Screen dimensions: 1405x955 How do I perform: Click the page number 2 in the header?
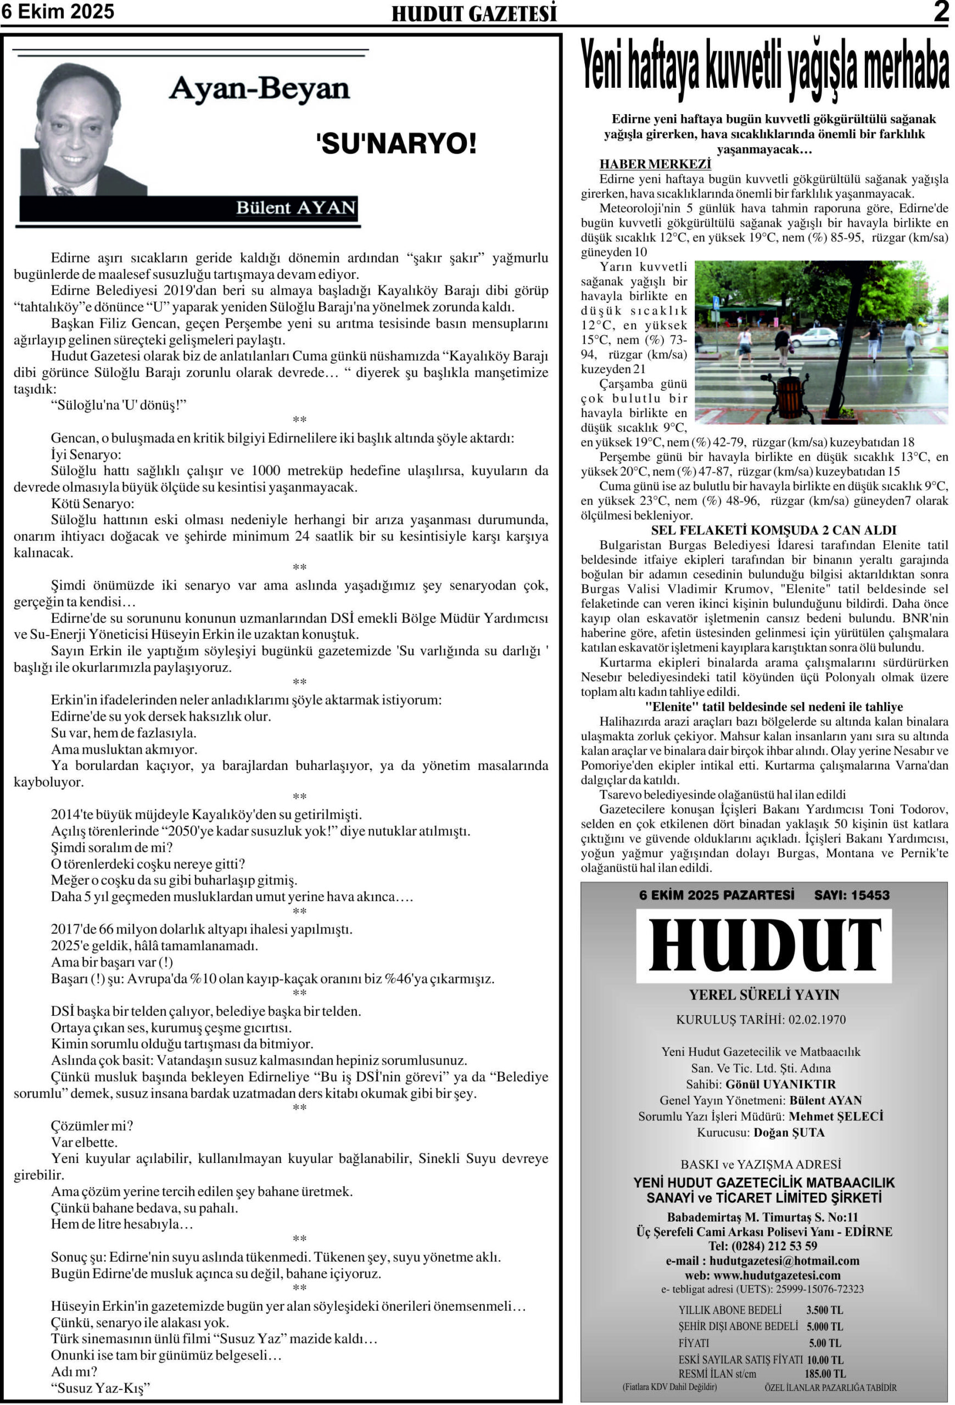941,12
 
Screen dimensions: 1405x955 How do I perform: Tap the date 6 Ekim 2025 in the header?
58,12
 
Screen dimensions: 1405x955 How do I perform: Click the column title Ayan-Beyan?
259,89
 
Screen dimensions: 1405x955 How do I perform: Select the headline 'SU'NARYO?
396,144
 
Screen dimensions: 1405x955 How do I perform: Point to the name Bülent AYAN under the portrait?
295,208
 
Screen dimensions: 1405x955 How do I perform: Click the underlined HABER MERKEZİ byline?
655,165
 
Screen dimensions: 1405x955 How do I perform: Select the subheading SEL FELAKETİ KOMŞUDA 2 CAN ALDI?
773,530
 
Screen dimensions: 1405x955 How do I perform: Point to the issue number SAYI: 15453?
852,895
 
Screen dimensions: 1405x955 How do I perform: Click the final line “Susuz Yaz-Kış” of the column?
100,1388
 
